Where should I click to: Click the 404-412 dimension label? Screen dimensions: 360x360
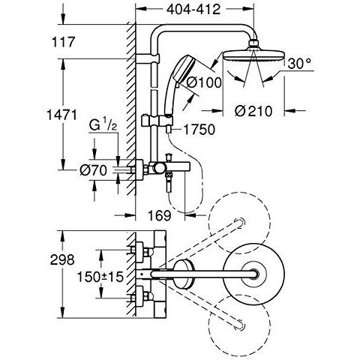[x=193, y=10]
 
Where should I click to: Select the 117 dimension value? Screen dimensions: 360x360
[x=63, y=42]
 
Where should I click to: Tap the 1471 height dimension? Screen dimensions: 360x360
[x=61, y=115]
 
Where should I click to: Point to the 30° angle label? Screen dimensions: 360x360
[x=299, y=64]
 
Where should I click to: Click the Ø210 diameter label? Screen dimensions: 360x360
[x=253, y=111]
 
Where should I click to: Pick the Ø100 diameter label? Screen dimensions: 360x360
[x=204, y=82]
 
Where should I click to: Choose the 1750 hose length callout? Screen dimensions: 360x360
[x=199, y=130]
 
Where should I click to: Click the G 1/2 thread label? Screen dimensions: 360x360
[x=103, y=126]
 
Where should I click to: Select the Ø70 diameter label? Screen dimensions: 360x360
[x=93, y=170]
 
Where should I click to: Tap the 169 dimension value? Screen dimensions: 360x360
[x=159, y=215]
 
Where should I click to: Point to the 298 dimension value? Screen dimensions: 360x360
[x=62, y=259]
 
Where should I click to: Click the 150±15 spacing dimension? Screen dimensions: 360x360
[x=100, y=277]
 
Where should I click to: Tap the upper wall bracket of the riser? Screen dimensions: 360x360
[x=147, y=59]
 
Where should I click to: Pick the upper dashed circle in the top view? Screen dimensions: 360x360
[x=239, y=223]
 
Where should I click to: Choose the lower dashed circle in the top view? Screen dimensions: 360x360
[x=239, y=325]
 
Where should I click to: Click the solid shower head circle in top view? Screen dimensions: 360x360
[x=253, y=274]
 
